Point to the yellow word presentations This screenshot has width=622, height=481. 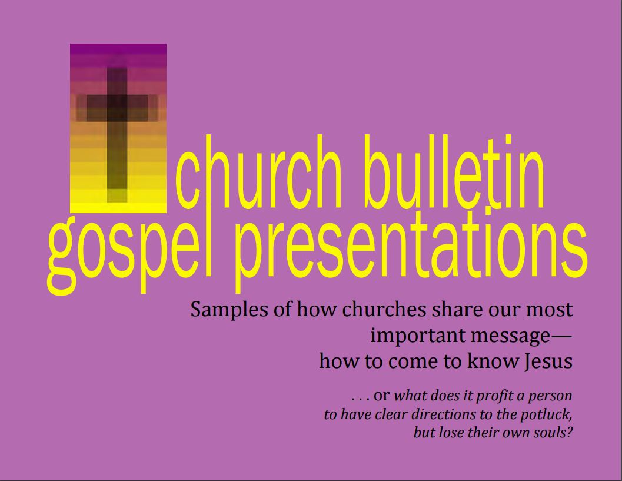411,248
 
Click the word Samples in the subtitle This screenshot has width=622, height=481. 229,310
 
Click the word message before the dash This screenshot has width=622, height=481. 510,337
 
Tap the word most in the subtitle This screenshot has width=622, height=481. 550,310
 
